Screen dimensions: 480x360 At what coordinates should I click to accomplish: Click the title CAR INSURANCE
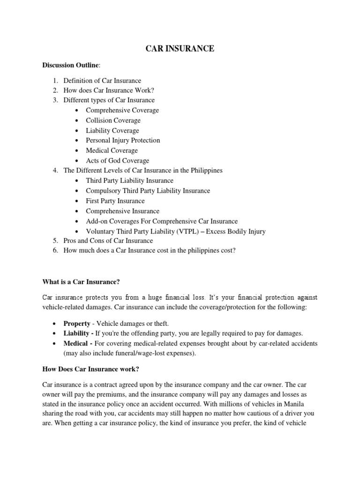tap(180, 49)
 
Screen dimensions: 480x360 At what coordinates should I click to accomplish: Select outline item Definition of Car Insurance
tap(102, 81)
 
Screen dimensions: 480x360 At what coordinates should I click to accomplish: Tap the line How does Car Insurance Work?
tap(109, 90)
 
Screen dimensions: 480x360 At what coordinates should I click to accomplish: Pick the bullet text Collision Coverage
tap(113, 120)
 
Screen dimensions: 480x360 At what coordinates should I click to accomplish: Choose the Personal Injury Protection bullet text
tap(123, 140)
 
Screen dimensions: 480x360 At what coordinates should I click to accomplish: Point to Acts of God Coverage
tap(117, 161)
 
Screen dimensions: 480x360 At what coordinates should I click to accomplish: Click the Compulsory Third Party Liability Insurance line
tap(148, 191)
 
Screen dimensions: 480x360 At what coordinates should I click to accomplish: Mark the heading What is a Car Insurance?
tap(81, 281)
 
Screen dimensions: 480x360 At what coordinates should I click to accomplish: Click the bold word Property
tap(77, 324)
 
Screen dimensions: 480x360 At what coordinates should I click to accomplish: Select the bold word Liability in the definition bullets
tap(77, 333)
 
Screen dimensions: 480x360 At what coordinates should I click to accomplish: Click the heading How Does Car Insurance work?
tap(91, 369)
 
